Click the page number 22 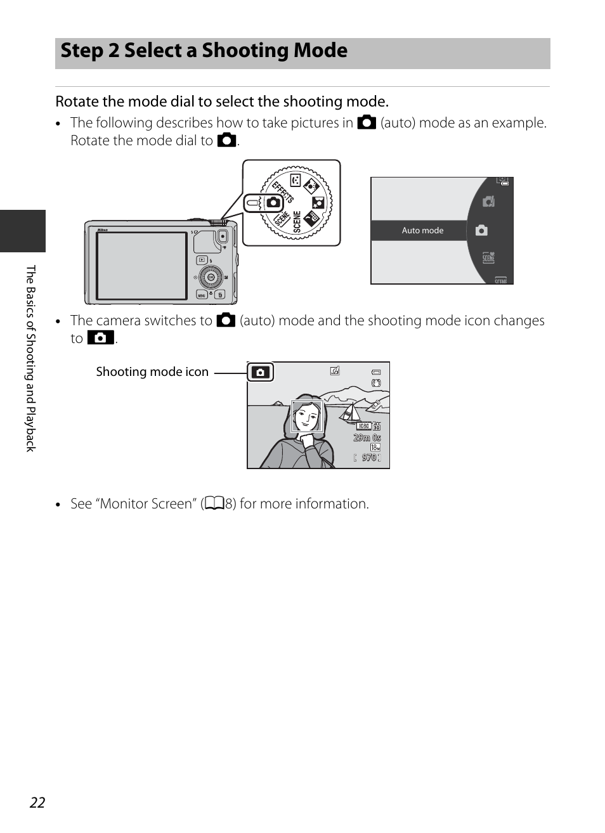[37, 802]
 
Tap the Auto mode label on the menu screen [422, 231]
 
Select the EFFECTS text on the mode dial [283, 191]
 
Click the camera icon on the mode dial [273, 203]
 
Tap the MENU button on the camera [201, 295]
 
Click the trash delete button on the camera [220, 295]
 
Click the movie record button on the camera [223, 237]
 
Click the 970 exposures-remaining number [368, 458]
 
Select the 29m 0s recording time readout [367, 437]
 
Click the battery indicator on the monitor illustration [376, 373]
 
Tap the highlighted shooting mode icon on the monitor [261, 372]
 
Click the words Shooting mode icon [152, 372]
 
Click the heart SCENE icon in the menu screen [488, 257]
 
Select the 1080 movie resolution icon [364, 427]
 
